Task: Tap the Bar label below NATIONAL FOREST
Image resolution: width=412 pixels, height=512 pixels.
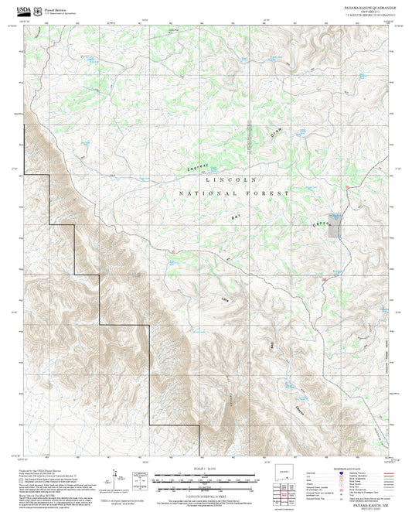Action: click(236, 217)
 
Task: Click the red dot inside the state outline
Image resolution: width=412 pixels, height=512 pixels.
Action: click(288, 476)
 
